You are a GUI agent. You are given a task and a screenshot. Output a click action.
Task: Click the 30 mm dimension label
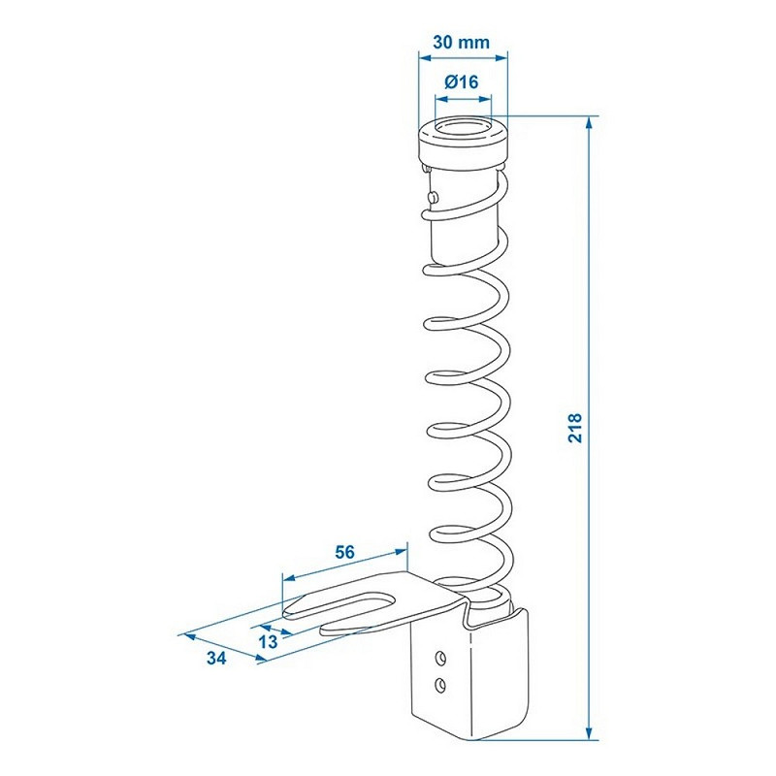point(462,42)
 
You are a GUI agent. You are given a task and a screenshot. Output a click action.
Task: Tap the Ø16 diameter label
point(462,81)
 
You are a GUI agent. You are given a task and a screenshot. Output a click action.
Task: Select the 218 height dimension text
point(575,428)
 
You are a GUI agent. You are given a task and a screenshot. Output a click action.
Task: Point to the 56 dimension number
point(344,552)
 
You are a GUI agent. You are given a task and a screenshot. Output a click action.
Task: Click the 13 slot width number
point(268,642)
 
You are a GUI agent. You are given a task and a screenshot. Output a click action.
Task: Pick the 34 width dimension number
point(216,659)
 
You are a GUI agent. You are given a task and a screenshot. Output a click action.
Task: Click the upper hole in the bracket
point(439,659)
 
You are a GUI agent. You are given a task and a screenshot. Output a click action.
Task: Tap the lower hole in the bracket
point(439,685)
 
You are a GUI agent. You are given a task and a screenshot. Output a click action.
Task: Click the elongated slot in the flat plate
point(341,602)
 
